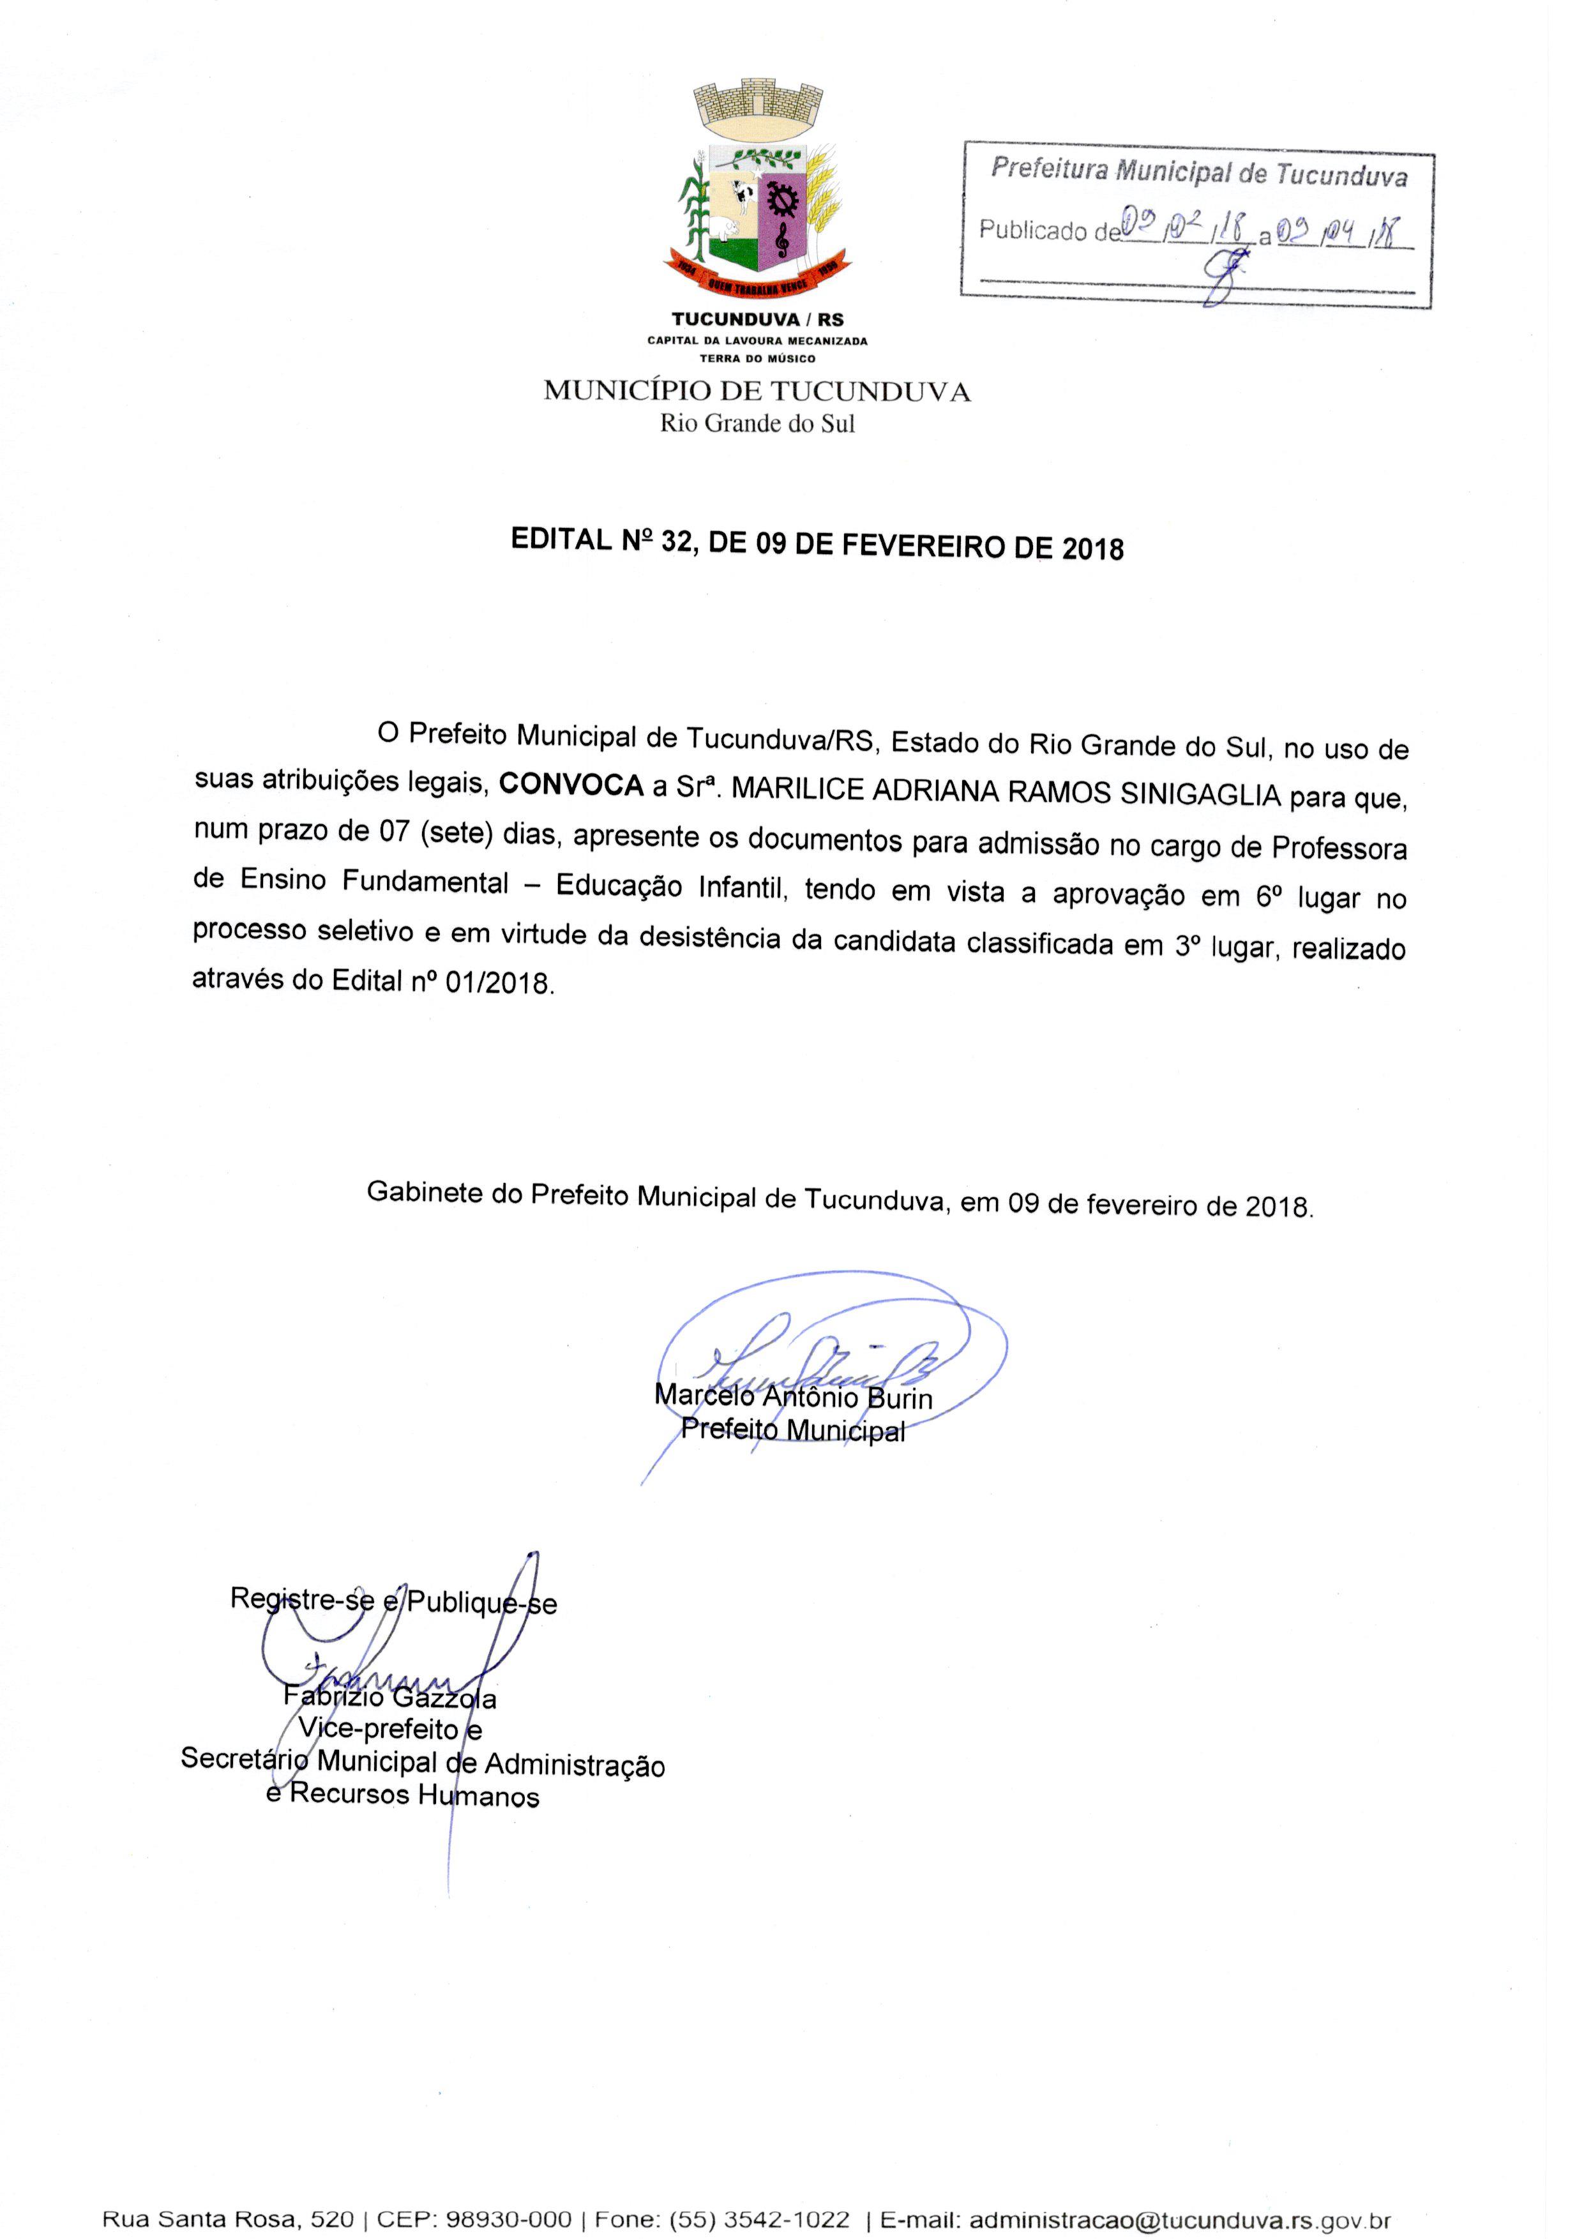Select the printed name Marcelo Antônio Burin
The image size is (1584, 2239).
pos(793,1396)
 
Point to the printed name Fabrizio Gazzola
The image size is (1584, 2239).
pos(390,1698)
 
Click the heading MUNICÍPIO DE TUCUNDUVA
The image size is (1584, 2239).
pos(757,392)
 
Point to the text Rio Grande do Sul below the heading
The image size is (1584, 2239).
pos(757,423)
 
